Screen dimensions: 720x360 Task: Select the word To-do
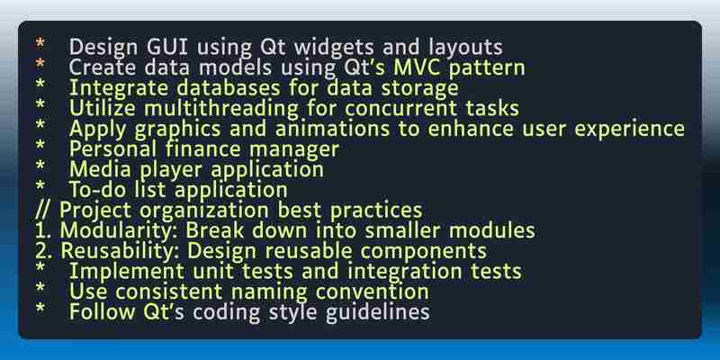[95, 190]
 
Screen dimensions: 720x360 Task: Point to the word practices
[376, 211]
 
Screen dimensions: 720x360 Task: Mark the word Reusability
[121, 251]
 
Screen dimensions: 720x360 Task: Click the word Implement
[127, 272]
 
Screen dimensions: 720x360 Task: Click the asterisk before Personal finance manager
[40, 146]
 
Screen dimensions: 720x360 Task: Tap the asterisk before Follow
[40, 308]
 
